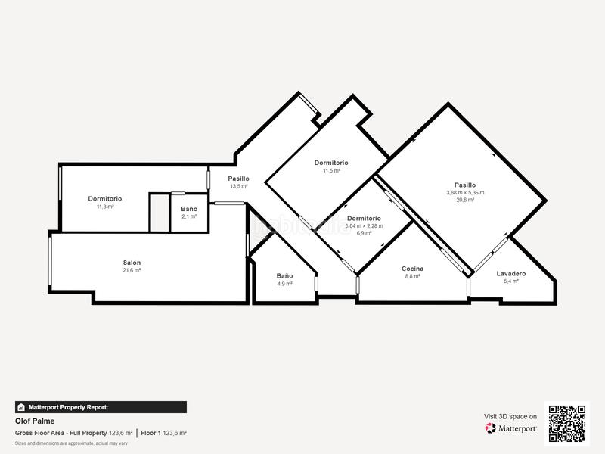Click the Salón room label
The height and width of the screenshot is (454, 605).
[x=132, y=263]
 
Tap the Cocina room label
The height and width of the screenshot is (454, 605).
[x=413, y=269]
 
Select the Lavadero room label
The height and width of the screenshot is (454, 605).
[x=511, y=273]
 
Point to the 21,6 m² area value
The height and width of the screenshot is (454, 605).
[x=132, y=270]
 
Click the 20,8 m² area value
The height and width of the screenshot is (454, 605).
[x=465, y=200]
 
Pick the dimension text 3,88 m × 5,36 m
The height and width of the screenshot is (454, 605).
[x=465, y=192]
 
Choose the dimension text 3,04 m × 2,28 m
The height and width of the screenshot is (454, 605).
[x=364, y=225]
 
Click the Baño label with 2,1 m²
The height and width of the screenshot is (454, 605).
[x=189, y=209]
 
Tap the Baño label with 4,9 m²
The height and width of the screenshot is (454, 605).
[x=284, y=276]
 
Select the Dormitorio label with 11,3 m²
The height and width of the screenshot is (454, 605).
[x=104, y=199]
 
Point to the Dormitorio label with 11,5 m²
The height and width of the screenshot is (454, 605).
[x=331, y=163]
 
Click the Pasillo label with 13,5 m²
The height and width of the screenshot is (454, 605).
[x=239, y=179]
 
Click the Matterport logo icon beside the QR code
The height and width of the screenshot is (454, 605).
[x=491, y=428]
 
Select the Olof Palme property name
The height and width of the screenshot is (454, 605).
[x=35, y=421]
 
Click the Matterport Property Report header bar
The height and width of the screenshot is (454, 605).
[x=101, y=407]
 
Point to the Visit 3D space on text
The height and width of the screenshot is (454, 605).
[x=510, y=416]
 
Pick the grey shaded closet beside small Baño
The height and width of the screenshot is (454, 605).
[x=159, y=213]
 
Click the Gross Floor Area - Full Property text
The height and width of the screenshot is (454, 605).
[x=61, y=433]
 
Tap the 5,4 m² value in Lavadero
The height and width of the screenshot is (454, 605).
[x=511, y=281]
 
